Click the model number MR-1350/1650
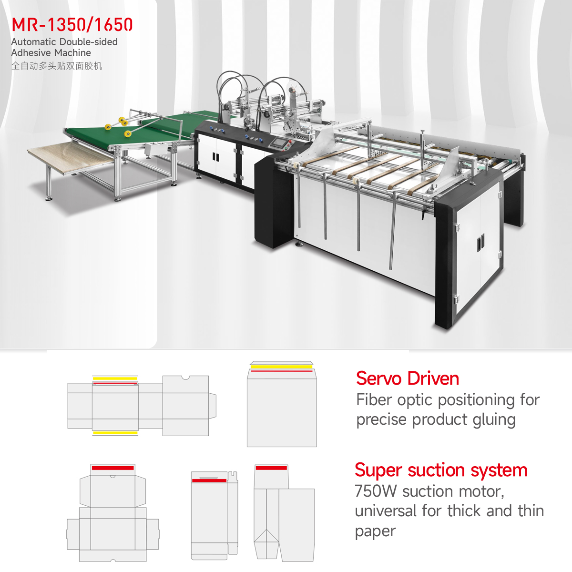(72, 25)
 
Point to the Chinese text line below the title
(57, 66)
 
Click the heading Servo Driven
(408, 378)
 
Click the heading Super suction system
(441, 470)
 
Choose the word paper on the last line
(375, 531)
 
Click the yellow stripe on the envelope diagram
(281, 367)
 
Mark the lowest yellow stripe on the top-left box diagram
(115, 433)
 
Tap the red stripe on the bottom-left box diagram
(113, 468)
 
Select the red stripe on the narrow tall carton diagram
(209, 480)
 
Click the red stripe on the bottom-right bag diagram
(271, 468)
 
